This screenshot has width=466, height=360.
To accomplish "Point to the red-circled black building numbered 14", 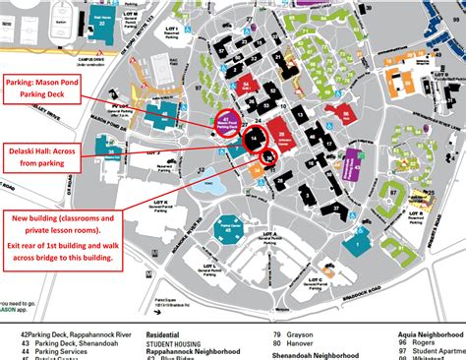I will point(255,141).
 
